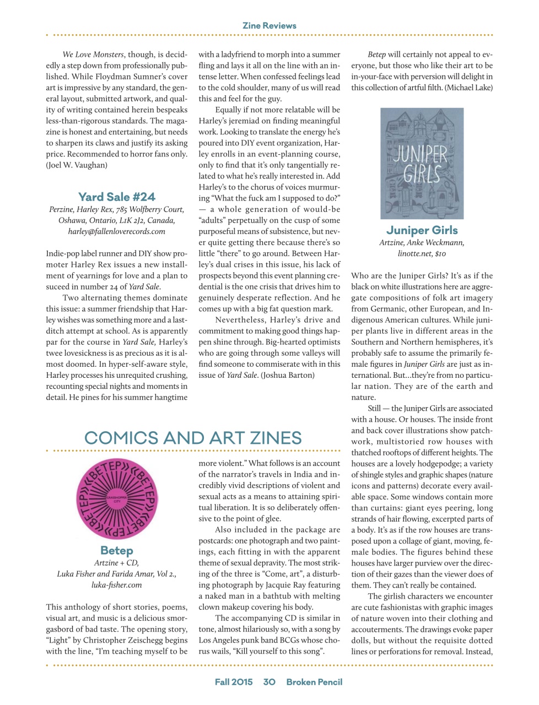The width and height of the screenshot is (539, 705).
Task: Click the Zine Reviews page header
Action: pyautogui.click(x=269, y=25)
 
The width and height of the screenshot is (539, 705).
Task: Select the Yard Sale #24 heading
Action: pyautogui.click(x=117, y=197)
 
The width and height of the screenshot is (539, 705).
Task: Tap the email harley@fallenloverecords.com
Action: pyautogui.click(x=117, y=231)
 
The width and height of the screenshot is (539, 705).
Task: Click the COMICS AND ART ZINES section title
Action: pyautogui.click(x=193, y=438)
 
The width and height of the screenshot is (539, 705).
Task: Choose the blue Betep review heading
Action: pyautogui.click(x=117, y=550)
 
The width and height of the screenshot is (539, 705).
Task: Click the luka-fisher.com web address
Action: pyautogui.click(x=117, y=585)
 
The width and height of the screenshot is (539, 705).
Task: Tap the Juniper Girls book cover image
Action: pyautogui.click(x=422, y=163)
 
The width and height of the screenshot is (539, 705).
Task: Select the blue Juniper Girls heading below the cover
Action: pyautogui.click(x=422, y=230)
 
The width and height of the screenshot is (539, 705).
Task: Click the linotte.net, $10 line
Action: pyautogui.click(x=422, y=254)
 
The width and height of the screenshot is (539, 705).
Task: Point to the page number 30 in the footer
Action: pyautogui.click(x=269, y=682)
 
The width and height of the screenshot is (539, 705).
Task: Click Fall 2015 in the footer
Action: pyautogui.click(x=234, y=682)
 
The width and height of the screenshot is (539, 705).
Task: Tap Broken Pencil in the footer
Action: pyautogui.click(x=314, y=682)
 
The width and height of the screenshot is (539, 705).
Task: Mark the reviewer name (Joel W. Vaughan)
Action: pyautogui.click(x=77, y=165)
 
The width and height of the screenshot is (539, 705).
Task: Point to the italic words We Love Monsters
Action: pyautogui.click(x=93, y=55)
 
